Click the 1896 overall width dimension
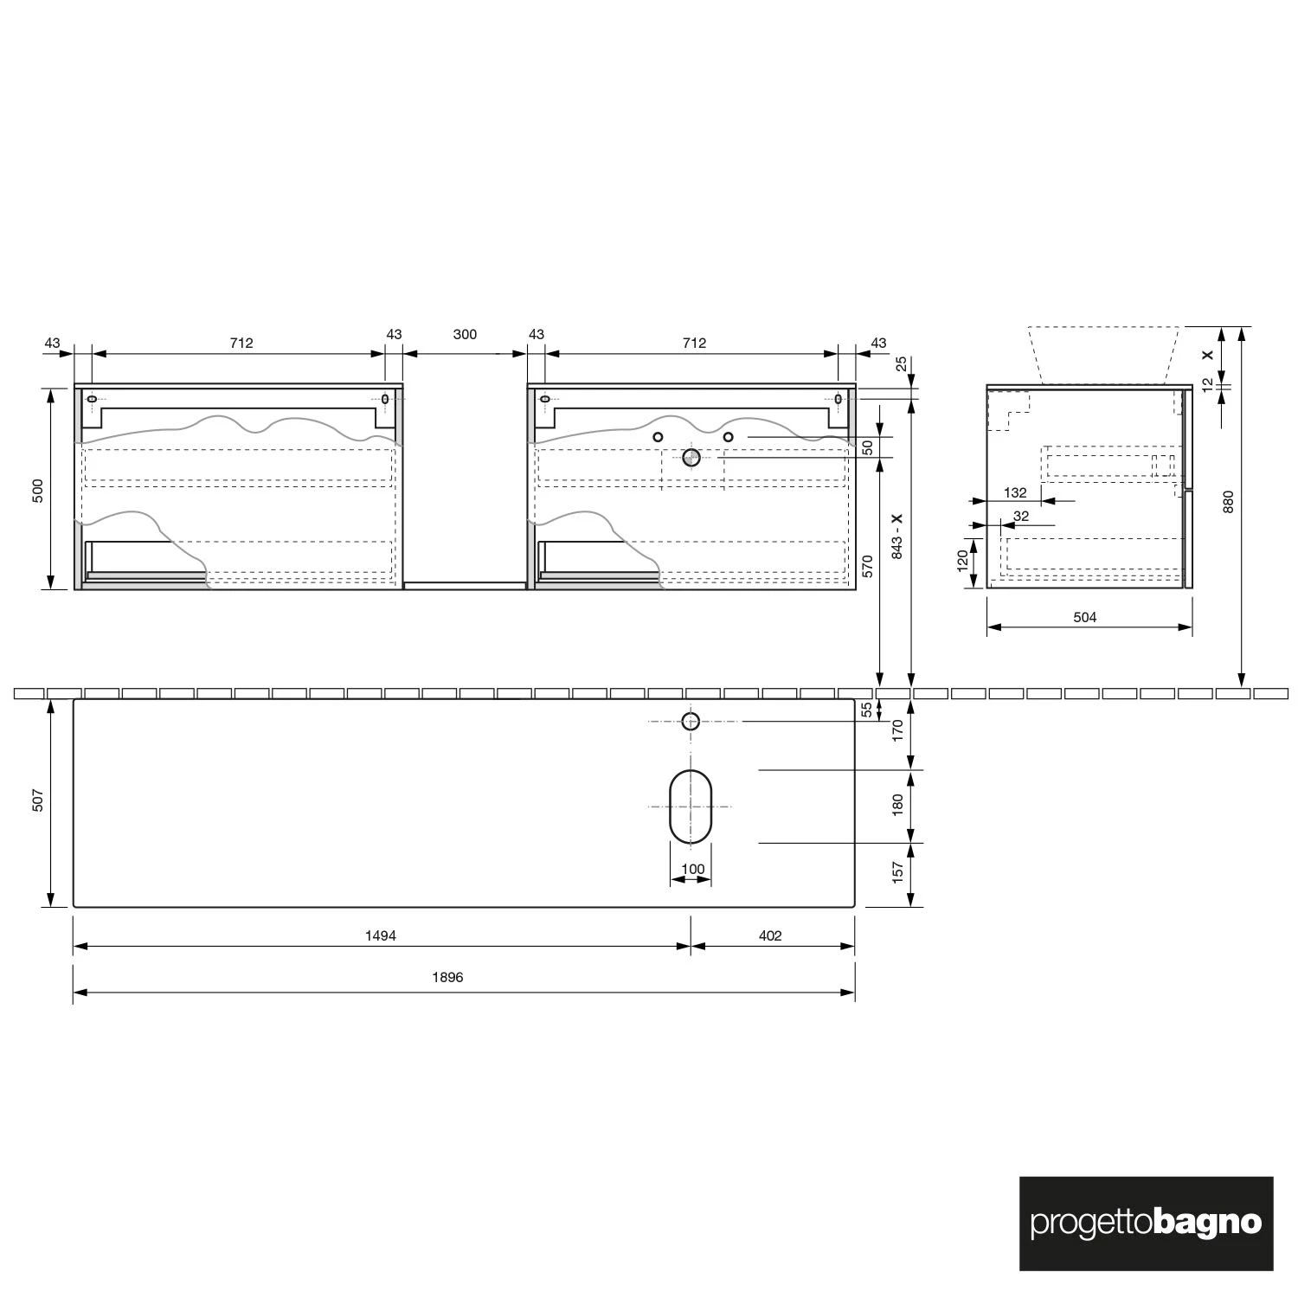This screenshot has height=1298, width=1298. point(447,977)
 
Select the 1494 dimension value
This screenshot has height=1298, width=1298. point(380,935)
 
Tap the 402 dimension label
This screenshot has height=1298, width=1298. point(769,935)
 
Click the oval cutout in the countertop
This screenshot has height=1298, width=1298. point(691,806)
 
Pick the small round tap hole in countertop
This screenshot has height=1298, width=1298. point(691,721)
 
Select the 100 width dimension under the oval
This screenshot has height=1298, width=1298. point(693,869)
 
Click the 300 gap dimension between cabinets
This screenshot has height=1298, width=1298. point(465,335)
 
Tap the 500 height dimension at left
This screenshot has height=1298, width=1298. point(37,491)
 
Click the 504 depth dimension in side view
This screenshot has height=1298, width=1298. point(1084,617)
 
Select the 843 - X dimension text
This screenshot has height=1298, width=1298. point(897,536)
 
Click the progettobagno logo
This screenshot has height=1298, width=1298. point(1146,1224)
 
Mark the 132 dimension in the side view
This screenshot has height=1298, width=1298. point(1015,492)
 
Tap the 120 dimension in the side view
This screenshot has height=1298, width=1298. point(962,561)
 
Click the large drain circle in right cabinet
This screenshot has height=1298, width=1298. point(691,457)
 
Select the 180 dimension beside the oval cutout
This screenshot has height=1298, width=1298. point(897,805)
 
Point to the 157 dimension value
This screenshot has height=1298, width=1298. point(897,871)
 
